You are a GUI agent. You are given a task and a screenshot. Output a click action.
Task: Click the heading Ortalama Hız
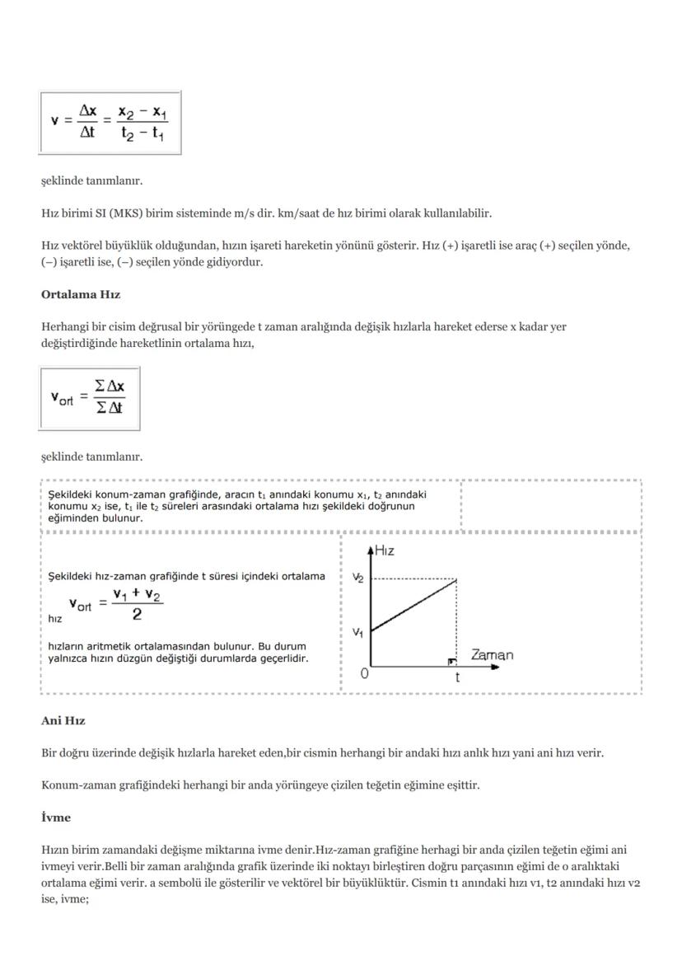tap(81, 294)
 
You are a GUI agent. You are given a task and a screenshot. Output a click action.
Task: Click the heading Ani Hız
tap(63, 721)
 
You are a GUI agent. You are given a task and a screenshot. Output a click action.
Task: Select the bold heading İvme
tap(56, 817)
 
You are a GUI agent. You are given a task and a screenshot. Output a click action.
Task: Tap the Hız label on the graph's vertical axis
tap(384, 551)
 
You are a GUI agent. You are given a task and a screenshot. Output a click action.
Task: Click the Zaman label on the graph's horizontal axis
tap(492, 655)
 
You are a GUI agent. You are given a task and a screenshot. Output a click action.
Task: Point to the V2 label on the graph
tap(357, 579)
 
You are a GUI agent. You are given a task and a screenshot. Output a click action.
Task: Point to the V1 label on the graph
tap(357, 632)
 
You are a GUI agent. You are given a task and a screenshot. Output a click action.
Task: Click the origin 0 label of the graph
tap(364, 673)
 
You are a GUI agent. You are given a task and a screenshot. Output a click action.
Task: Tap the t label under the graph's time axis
tap(457, 677)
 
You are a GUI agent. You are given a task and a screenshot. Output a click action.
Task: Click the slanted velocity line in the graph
tap(414, 606)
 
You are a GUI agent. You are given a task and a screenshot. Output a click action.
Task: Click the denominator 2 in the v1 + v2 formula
tap(137, 615)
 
